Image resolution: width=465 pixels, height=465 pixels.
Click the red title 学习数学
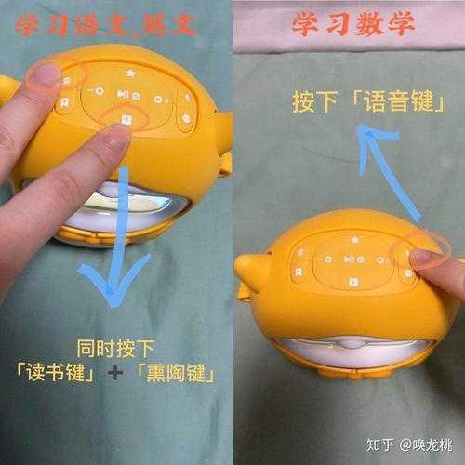(353, 24)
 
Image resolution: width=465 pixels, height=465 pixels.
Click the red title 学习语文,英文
(105, 25)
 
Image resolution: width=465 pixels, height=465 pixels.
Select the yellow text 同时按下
(115, 349)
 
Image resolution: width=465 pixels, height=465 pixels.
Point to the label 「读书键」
(56, 372)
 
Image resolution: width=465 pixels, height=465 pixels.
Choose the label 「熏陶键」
(176, 373)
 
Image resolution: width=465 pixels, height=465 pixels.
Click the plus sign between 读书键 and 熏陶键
(115, 373)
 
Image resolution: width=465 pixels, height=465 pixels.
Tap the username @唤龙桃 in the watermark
(426, 445)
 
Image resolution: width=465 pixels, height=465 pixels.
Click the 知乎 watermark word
(380, 445)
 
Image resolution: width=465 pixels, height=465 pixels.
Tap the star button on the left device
(130, 73)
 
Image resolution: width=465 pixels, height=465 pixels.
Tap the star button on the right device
(354, 239)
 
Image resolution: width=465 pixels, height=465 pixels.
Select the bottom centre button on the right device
(352, 282)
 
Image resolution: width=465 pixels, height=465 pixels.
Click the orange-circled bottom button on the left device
(126, 119)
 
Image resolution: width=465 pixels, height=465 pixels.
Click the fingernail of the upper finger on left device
(46, 74)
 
